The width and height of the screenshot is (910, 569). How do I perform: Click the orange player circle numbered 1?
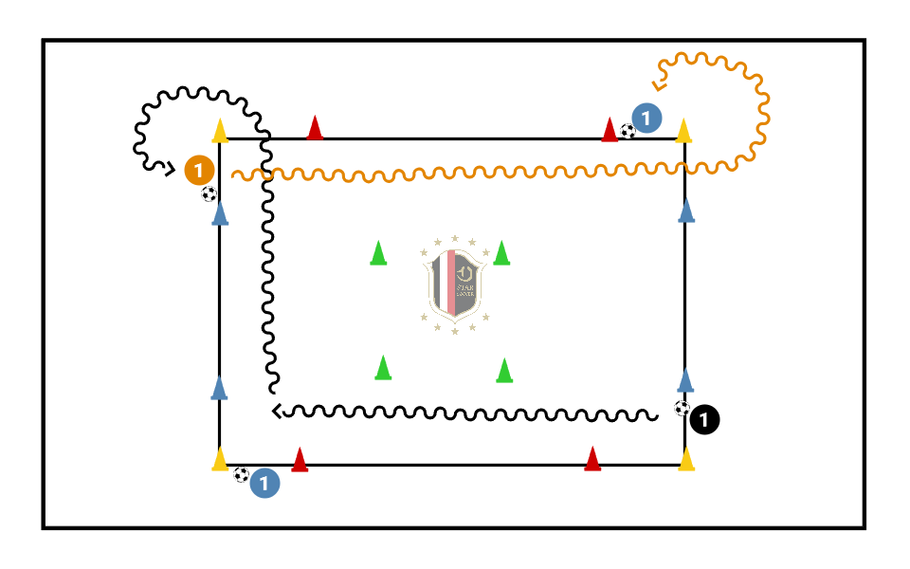pos(199,170)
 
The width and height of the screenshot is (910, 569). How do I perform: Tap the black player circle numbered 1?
pos(705,418)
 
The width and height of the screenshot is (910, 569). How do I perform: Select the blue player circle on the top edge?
pos(646,119)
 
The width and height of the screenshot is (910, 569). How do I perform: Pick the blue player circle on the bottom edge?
pos(265,483)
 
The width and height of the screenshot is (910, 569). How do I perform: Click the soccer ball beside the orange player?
pos(209,193)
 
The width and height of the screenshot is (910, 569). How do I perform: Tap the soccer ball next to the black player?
pos(682,408)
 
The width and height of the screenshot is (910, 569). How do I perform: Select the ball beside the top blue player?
pos(628,131)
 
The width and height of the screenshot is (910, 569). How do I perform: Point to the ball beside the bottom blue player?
pos(242,474)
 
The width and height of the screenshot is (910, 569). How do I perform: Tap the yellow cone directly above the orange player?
pos(220,131)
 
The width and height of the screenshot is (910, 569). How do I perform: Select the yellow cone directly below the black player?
pos(686,459)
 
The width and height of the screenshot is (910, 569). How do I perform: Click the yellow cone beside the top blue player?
pos(682,131)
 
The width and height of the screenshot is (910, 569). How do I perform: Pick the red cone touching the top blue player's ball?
pos(610,129)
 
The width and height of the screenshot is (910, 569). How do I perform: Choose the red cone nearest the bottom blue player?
pos(300,459)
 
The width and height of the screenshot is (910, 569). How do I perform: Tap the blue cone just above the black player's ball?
pos(686,379)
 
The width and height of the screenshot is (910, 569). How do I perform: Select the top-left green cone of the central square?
pos(378,253)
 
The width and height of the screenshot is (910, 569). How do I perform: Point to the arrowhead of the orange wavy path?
pos(659,86)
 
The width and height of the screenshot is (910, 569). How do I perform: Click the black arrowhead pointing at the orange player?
pos(170,170)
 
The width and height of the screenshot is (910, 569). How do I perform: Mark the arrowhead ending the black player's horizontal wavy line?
pos(276,411)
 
